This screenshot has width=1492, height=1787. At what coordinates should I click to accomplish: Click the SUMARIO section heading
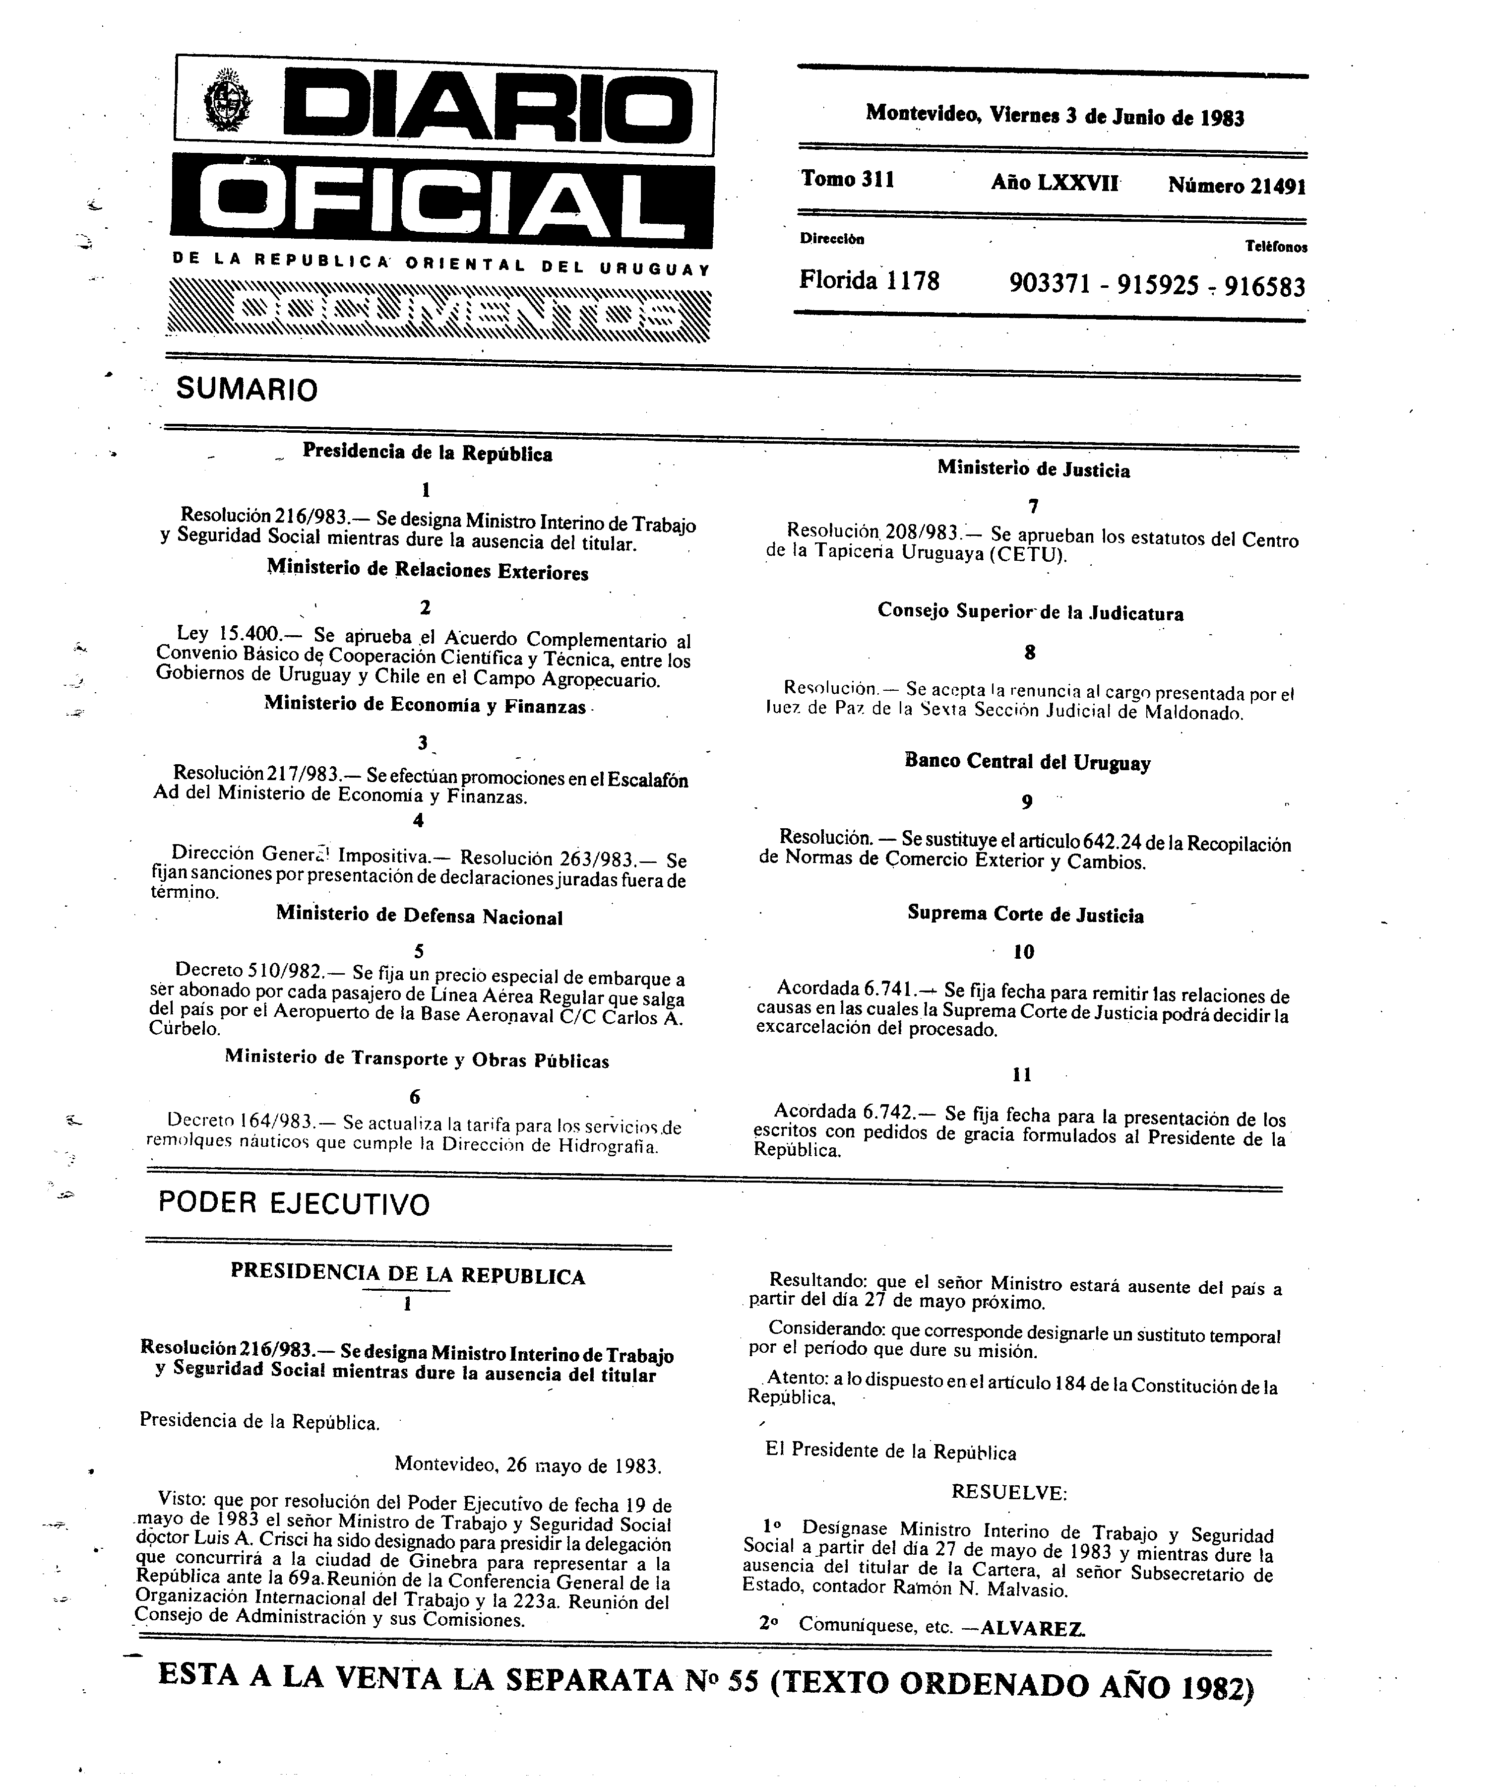tap(247, 390)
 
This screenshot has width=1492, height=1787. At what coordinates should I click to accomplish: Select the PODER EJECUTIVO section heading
tap(294, 1203)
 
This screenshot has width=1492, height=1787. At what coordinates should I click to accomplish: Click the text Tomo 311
tap(847, 180)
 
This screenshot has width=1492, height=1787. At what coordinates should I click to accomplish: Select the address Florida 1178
tap(869, 280)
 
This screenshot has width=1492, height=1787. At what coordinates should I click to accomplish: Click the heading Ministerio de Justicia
tap(1034, 470)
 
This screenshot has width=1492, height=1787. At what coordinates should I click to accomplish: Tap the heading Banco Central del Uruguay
tap(1028, 762)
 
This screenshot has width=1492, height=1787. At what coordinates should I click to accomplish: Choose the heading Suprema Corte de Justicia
tap(1025, 915)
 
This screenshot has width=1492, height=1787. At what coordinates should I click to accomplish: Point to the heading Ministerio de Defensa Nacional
tap(419, 917)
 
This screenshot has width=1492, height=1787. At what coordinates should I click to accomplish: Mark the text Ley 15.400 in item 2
tap(228, 633)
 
